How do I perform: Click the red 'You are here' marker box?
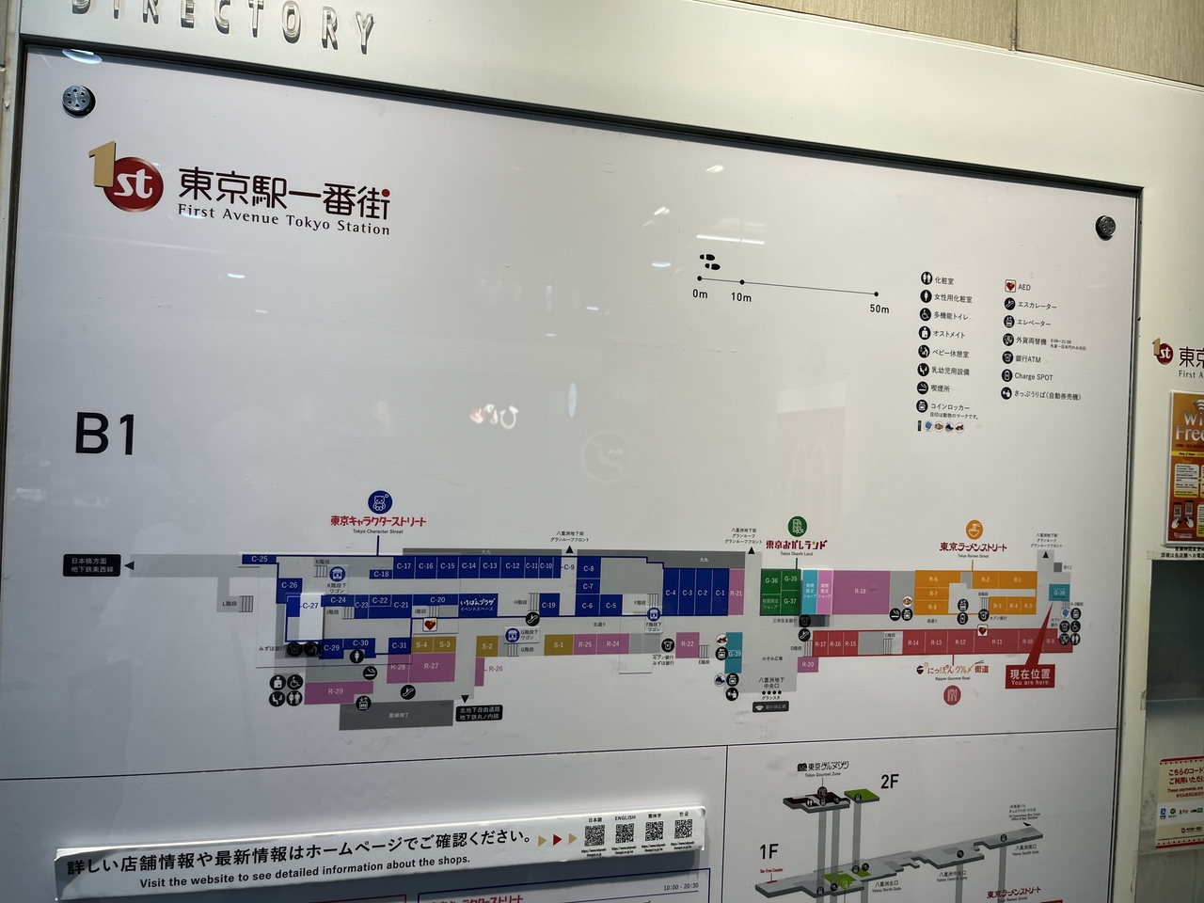pyautogui.click(x=1030, y=676)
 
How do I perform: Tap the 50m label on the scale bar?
pyautogui.click(x=879, y=309)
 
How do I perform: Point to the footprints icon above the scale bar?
pyautogui.click(x=708, y=261)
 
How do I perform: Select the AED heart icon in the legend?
pyautogui.click(x=1008, y=286)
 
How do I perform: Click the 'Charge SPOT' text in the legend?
pyautogui.click(x=1033, y=376)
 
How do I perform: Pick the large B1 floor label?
pyautogui.click(x=105, y=436)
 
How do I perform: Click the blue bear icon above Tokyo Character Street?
pyautogui.click(x=379, y=502)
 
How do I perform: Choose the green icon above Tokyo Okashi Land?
pyautogui.click(x=797, y=527)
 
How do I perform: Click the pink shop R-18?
pyautogui.click(x=860, y=592)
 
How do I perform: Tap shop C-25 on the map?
pyautogui.click(x=260, y=559)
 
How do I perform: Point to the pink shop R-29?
pyautogui.click(x=336, y=691)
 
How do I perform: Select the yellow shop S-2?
pyautogui.click(x=487, y=646)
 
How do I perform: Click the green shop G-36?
pyautogui.click(x=771, y=580)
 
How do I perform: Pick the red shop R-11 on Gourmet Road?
pyautogui.click(x=997, y=642)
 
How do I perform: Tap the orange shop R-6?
pyautogui.click(x=933, y=579)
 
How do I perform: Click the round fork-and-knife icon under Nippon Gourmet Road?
pyautogui.click(x=952, y=696)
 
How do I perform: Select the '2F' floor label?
pyautogui.click(x=889, y=781)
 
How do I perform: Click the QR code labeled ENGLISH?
pyautogui.click(x=625, y=834)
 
